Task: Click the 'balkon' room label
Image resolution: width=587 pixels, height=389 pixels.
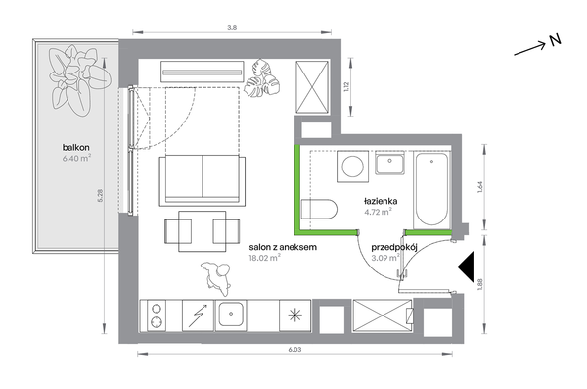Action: point(76,148)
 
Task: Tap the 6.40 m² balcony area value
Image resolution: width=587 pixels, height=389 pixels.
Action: point(76,158)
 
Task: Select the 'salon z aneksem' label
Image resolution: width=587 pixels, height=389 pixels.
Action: point(283,247)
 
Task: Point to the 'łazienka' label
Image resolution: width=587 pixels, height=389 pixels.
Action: point(381,201)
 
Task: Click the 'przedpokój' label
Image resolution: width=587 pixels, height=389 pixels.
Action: point(394,248)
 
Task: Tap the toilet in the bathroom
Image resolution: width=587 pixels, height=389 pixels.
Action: point(319,210)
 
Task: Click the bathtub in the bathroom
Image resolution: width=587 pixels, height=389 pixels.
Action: point(431,189)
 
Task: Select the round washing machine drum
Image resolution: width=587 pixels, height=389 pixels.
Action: point(352,167)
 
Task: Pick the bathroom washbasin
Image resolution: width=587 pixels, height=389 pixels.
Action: point(390,164)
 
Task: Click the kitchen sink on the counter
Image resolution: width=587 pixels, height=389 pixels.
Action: point(231,315)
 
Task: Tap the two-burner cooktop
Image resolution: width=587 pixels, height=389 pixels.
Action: point(157,316)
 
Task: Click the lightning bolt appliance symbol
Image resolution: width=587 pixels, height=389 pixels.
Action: point(198,316)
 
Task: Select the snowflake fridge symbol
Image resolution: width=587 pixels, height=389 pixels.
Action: point(295,316)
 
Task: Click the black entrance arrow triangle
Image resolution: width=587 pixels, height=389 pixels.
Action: point(468,267)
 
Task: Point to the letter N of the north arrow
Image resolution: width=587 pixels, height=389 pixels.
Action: point(556,40)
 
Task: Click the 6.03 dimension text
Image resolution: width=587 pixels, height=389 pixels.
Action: point(294,350)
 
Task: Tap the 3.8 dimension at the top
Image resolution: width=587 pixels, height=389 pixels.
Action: point(232,27)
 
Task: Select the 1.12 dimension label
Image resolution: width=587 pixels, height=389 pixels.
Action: point(346,87)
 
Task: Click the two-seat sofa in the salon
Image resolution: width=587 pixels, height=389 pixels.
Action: point(203,181)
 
